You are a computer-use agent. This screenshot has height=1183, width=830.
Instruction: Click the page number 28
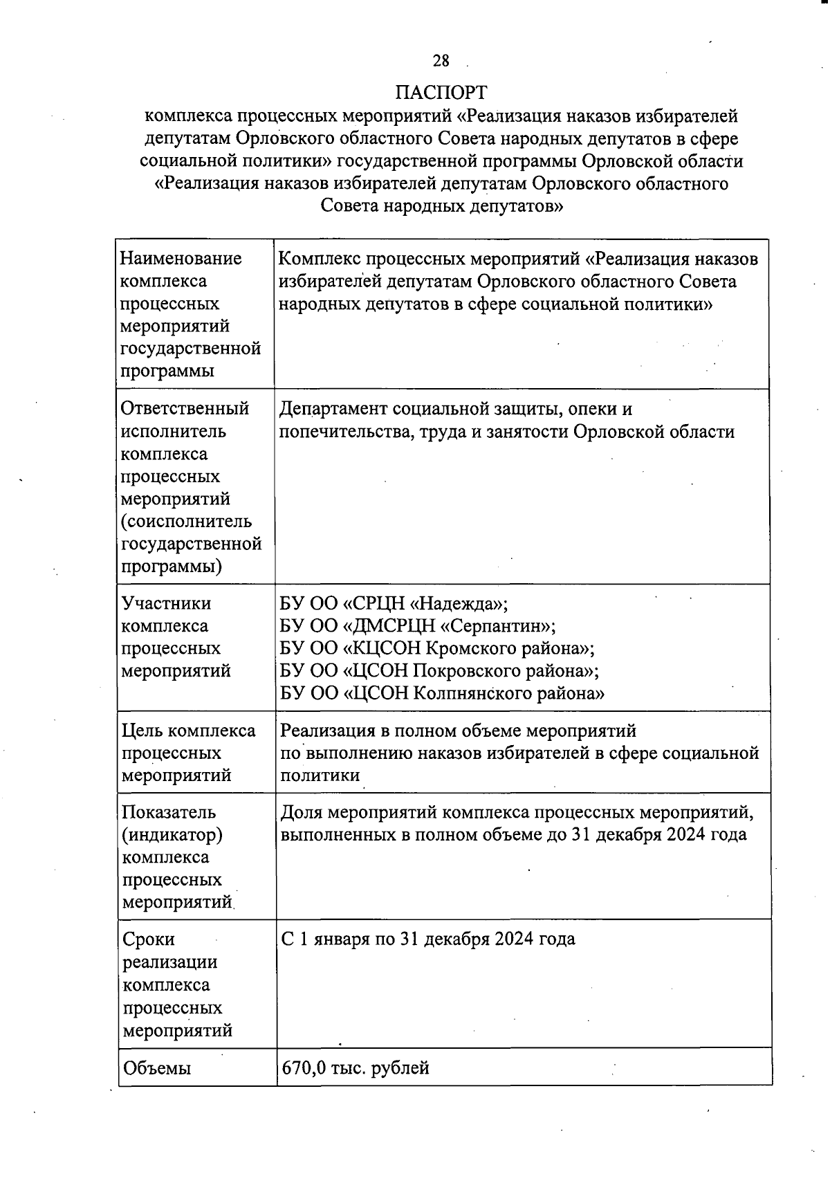click(x=441, y=61)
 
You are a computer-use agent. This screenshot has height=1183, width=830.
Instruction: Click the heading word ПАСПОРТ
click(x=441, y=92)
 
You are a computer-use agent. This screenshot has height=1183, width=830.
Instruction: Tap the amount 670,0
click(x=303, y=1067)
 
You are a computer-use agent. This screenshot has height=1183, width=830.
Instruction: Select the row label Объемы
click(x=156, y=1068)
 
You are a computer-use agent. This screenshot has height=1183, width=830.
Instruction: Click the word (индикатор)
click(x=172, y=835)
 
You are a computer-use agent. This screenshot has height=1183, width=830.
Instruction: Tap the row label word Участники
click(x=166, y=603)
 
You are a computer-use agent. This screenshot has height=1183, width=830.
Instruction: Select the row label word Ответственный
click(x=185, y=409)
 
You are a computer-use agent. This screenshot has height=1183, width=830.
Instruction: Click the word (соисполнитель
click(x=186, y=522)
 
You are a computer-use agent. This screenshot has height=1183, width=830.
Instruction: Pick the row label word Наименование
click(x=181, y=259)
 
